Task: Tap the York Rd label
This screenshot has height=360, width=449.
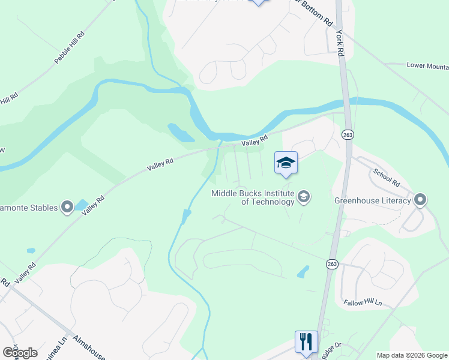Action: coord(340,44)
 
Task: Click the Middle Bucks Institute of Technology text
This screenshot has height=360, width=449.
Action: coord(252,197)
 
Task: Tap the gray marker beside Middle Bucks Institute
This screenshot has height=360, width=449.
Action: coord(304,197)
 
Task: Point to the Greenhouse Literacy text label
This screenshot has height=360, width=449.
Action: coord(372,200)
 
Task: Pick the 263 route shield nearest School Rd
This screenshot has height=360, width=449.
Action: coord(348,136)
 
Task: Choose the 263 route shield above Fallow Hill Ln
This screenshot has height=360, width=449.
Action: coord(332,264)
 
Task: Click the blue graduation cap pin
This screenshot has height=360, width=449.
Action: coord(286,163)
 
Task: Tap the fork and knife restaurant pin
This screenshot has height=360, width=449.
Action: coord(306,342)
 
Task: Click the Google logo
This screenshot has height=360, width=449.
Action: coord(20,352)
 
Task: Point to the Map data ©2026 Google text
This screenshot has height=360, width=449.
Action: coord(412,355)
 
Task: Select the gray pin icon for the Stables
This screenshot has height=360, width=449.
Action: coord(67,208)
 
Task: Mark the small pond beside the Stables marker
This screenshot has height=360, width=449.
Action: coord(82,205)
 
